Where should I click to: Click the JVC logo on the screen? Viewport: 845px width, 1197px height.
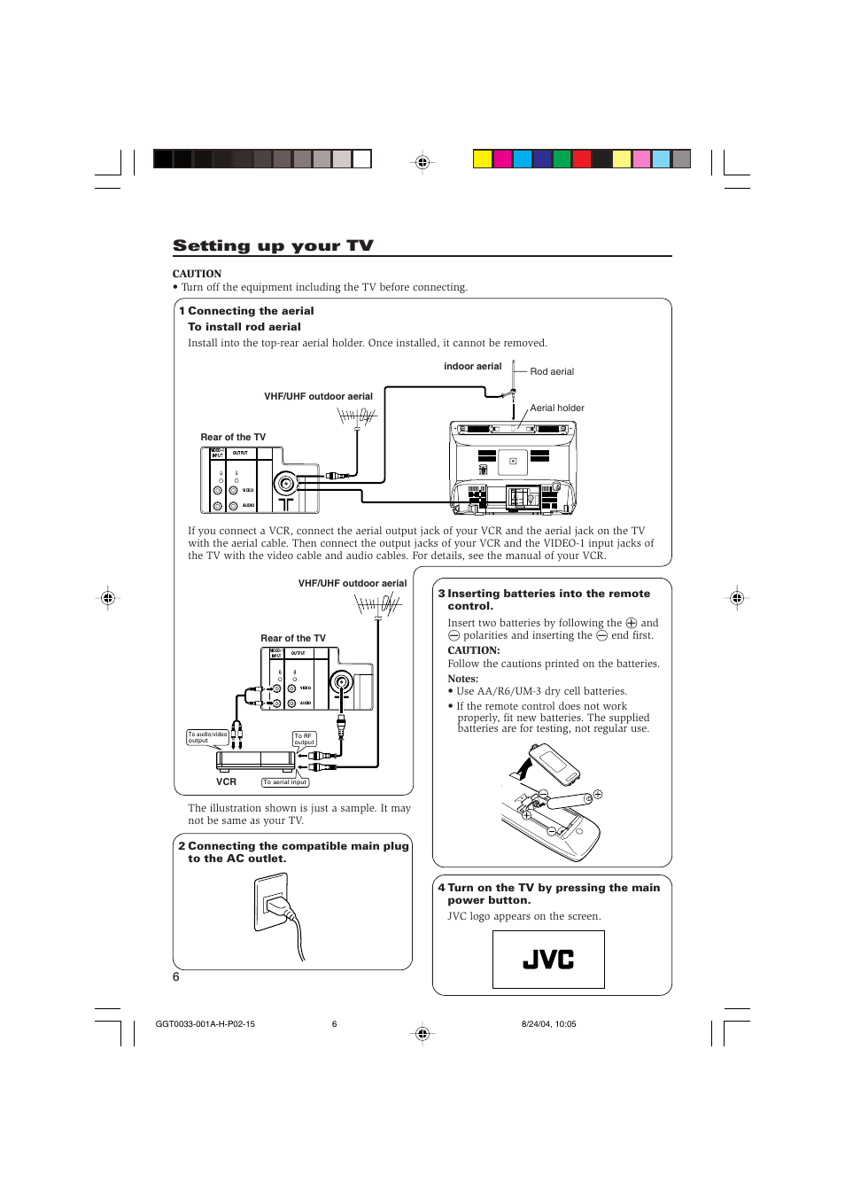pyautogui.click(x=548, y=960)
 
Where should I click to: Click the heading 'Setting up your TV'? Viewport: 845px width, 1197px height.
pyautogui.click(x=273, y=245)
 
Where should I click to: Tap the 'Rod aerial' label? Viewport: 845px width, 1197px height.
pyautogui.click(x=552, y=372)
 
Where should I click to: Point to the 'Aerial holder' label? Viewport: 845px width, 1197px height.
pyautogui.click(x=557, y=408)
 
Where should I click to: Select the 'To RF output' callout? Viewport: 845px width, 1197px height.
pyautogui.click(x=304, y=739)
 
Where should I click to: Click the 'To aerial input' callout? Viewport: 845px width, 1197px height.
pyautogui.click(x=285, y=782)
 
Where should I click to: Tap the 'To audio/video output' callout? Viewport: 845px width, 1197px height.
pyautogui.click(x=207, y=737)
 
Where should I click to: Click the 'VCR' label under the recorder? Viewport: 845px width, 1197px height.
pyautogui.click(x=227, y=782)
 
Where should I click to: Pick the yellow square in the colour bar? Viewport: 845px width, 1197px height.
pyautogui.click(x=482, y=159)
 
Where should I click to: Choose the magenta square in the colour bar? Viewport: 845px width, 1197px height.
pyautogui.click(x=502, y=159)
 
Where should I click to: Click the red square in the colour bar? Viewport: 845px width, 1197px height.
pyautogui.click(x=582, y=159)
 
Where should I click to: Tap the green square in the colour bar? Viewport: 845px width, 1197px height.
pyautogui.click(x=562, y=159)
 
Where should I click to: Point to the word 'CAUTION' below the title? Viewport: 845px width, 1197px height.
pyautogui.click(x=197, y=274)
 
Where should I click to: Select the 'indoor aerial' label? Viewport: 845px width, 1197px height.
pyautogui.click(x=472, y=367)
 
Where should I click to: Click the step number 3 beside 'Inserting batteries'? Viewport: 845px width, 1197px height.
pyautogui.click(x=441, y=594)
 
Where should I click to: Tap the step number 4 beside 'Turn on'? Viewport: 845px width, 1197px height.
pyautogui.click(x=441, y=888)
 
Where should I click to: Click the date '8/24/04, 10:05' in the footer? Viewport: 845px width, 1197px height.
pyautogui.click(x=548, y=1024)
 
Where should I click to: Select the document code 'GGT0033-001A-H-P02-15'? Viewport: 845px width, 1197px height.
pyautogui.click(x=205, y=1024)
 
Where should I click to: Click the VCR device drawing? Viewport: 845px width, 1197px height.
pyautogui.click(x=257, y=760)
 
